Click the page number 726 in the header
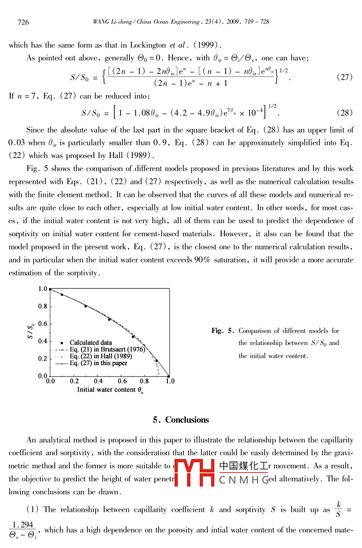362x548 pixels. [23, 22]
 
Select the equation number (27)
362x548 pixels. [345, 77]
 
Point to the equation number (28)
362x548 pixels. [345, 113]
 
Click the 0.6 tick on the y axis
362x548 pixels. [42, 324]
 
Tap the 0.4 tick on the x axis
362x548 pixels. [98, 381]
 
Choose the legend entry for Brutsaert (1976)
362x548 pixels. [101, 349]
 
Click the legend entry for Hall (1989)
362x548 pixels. [100, 356]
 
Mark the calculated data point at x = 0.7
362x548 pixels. [133, 337]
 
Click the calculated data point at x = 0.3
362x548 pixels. [86, 306]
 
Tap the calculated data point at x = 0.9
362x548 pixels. [157, 360]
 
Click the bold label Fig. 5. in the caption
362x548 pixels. [223, 331]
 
